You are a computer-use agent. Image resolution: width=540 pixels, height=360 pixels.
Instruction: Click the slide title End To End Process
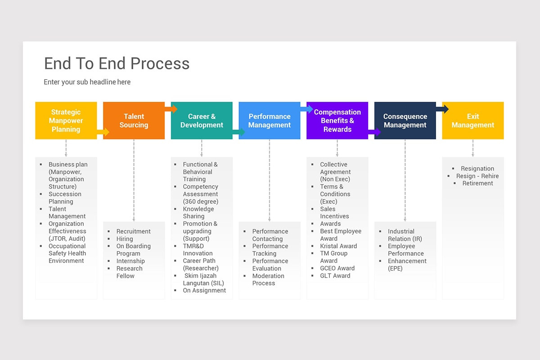(x=117, y=63)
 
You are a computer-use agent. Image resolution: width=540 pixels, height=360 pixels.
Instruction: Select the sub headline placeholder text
(x=87, y=82)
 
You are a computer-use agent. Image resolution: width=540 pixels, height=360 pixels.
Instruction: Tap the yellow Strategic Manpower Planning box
(x=66, y=121)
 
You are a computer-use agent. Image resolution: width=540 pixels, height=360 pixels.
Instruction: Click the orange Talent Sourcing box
(x=134, y=121)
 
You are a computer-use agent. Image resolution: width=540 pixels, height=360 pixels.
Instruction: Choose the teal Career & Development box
(x=202, y=121)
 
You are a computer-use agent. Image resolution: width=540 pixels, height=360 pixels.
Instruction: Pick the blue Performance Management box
(x=270, y=121)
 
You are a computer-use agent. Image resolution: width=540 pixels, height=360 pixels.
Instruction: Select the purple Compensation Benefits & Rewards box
(x=337, y=121)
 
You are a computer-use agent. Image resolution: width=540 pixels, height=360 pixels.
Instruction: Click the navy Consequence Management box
(x=405, y=121)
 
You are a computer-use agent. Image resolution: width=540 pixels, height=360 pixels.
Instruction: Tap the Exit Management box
(x=473, y=121)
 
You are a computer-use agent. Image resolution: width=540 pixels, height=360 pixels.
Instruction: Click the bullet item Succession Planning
(x=65, y=198)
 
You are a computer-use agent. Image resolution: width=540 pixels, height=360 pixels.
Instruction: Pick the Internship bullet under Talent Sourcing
(x=130, y=261)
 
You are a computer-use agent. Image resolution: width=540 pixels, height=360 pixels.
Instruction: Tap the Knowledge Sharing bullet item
(x=198, y=212)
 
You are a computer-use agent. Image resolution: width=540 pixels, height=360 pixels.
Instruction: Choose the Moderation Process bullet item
(x=268, y=279)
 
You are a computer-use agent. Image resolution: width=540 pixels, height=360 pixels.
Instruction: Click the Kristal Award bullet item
(x=338, y=246)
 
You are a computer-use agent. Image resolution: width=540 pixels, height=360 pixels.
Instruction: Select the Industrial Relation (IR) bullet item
(x=405, y=235)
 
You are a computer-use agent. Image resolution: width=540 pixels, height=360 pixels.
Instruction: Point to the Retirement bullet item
(x=477, y=183)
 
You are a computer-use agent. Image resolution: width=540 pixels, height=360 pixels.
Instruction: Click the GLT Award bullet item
(x=335, y=276)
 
